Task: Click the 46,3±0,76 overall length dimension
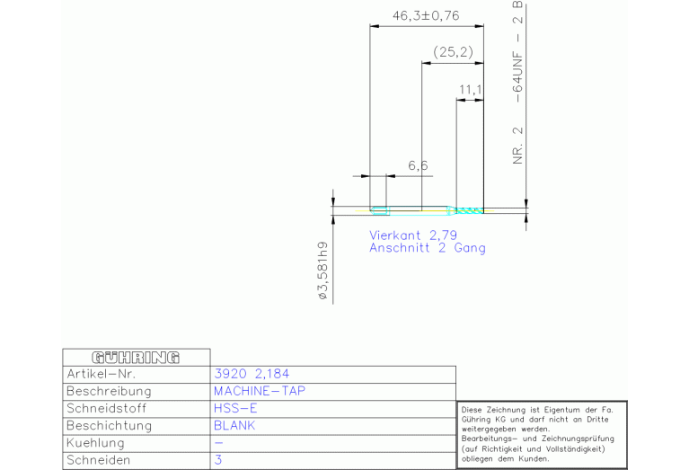(426, 16)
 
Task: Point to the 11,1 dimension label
(470, 90)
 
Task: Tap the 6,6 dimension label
(418, 165)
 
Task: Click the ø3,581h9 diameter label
(323, 270)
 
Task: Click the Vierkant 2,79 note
(413, 235)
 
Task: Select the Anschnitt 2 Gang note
(427, 248)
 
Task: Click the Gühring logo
(136, 358)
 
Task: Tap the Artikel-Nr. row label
(102, 374)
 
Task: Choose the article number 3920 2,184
(252, 374)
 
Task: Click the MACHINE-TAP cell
(260, 391)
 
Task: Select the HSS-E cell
(235, 409)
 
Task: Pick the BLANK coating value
(234, 426)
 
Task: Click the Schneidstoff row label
(106, 409)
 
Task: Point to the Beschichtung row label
(109, 426)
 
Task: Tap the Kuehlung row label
(95, 443)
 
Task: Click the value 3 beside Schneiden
(218, 460)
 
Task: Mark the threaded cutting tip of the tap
(469, 211)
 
